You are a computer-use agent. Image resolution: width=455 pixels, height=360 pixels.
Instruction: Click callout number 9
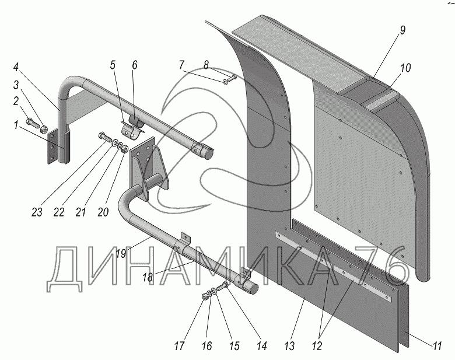[402, 30]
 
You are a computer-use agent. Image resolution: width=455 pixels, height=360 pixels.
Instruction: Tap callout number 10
[405, 68]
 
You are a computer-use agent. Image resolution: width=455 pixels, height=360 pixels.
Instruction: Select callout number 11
[437, 346]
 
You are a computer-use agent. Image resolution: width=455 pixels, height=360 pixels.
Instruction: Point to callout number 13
[289, 346]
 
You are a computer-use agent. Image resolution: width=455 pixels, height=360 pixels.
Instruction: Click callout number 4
[16, 67]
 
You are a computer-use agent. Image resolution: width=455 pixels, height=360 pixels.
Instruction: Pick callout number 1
[15, 125]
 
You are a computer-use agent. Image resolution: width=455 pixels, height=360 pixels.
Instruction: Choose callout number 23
[37, 212]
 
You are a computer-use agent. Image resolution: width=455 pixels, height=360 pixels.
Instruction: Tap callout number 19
[121, 253]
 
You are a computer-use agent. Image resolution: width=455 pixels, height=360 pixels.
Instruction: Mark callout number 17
[179, 346]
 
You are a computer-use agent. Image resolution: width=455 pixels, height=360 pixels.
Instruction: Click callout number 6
[134, 65]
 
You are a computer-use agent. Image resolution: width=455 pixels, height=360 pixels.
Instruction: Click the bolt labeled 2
[32, 122]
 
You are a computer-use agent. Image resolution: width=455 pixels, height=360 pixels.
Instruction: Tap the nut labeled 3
[44, 128]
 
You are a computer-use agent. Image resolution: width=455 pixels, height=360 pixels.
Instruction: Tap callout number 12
[317, 346]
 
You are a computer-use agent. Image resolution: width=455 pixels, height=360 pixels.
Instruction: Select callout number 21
[80, 212]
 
